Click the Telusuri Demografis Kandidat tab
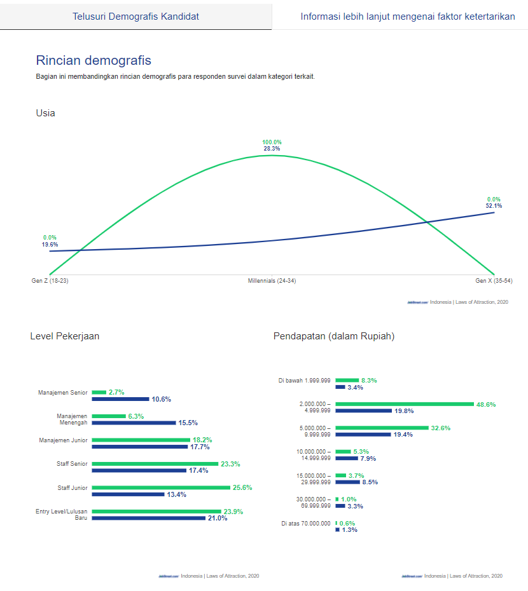pos(135,17)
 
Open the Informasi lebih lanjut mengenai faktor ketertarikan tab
pos(407,17)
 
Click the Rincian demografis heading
pos(94,61)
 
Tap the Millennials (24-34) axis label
pos(272,280)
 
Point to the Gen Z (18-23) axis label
pos(50,280)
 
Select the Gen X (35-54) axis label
pos(494,280)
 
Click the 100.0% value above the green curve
pos(272,142)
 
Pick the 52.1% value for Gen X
pos(494,206)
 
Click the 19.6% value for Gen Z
pos(50,244)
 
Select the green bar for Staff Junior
pos(161,487)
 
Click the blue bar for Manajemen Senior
pos(120,399)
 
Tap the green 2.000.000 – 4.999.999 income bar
pos(405,404)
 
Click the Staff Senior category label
pos(72,464)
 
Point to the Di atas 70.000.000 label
pos(305,524)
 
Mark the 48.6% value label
pos(486,404)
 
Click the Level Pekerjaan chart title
pos(65,336)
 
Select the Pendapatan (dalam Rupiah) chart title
pos(334,336)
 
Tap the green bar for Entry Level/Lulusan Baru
pos(156,512)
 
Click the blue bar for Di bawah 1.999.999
pos(340,387)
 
